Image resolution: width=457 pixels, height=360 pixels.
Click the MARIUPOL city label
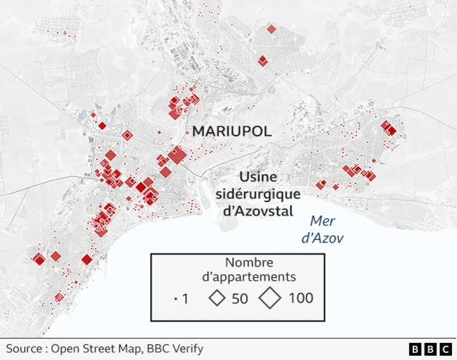231,131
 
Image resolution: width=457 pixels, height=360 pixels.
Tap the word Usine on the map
258,176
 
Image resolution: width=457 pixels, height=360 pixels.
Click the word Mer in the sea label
322,221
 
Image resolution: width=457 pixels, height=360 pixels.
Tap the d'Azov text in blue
322,238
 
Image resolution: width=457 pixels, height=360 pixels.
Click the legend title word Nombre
248,261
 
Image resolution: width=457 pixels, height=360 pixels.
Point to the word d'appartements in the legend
248,277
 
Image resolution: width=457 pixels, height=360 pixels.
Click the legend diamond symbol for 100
270,298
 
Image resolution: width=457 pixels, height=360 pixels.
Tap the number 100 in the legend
301,299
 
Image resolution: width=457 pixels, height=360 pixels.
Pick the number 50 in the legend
239,299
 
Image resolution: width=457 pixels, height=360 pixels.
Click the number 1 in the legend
186,299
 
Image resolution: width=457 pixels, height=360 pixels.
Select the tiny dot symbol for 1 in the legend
176,299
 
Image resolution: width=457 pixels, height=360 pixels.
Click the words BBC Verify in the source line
176,349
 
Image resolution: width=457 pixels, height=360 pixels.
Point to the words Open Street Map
97,349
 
